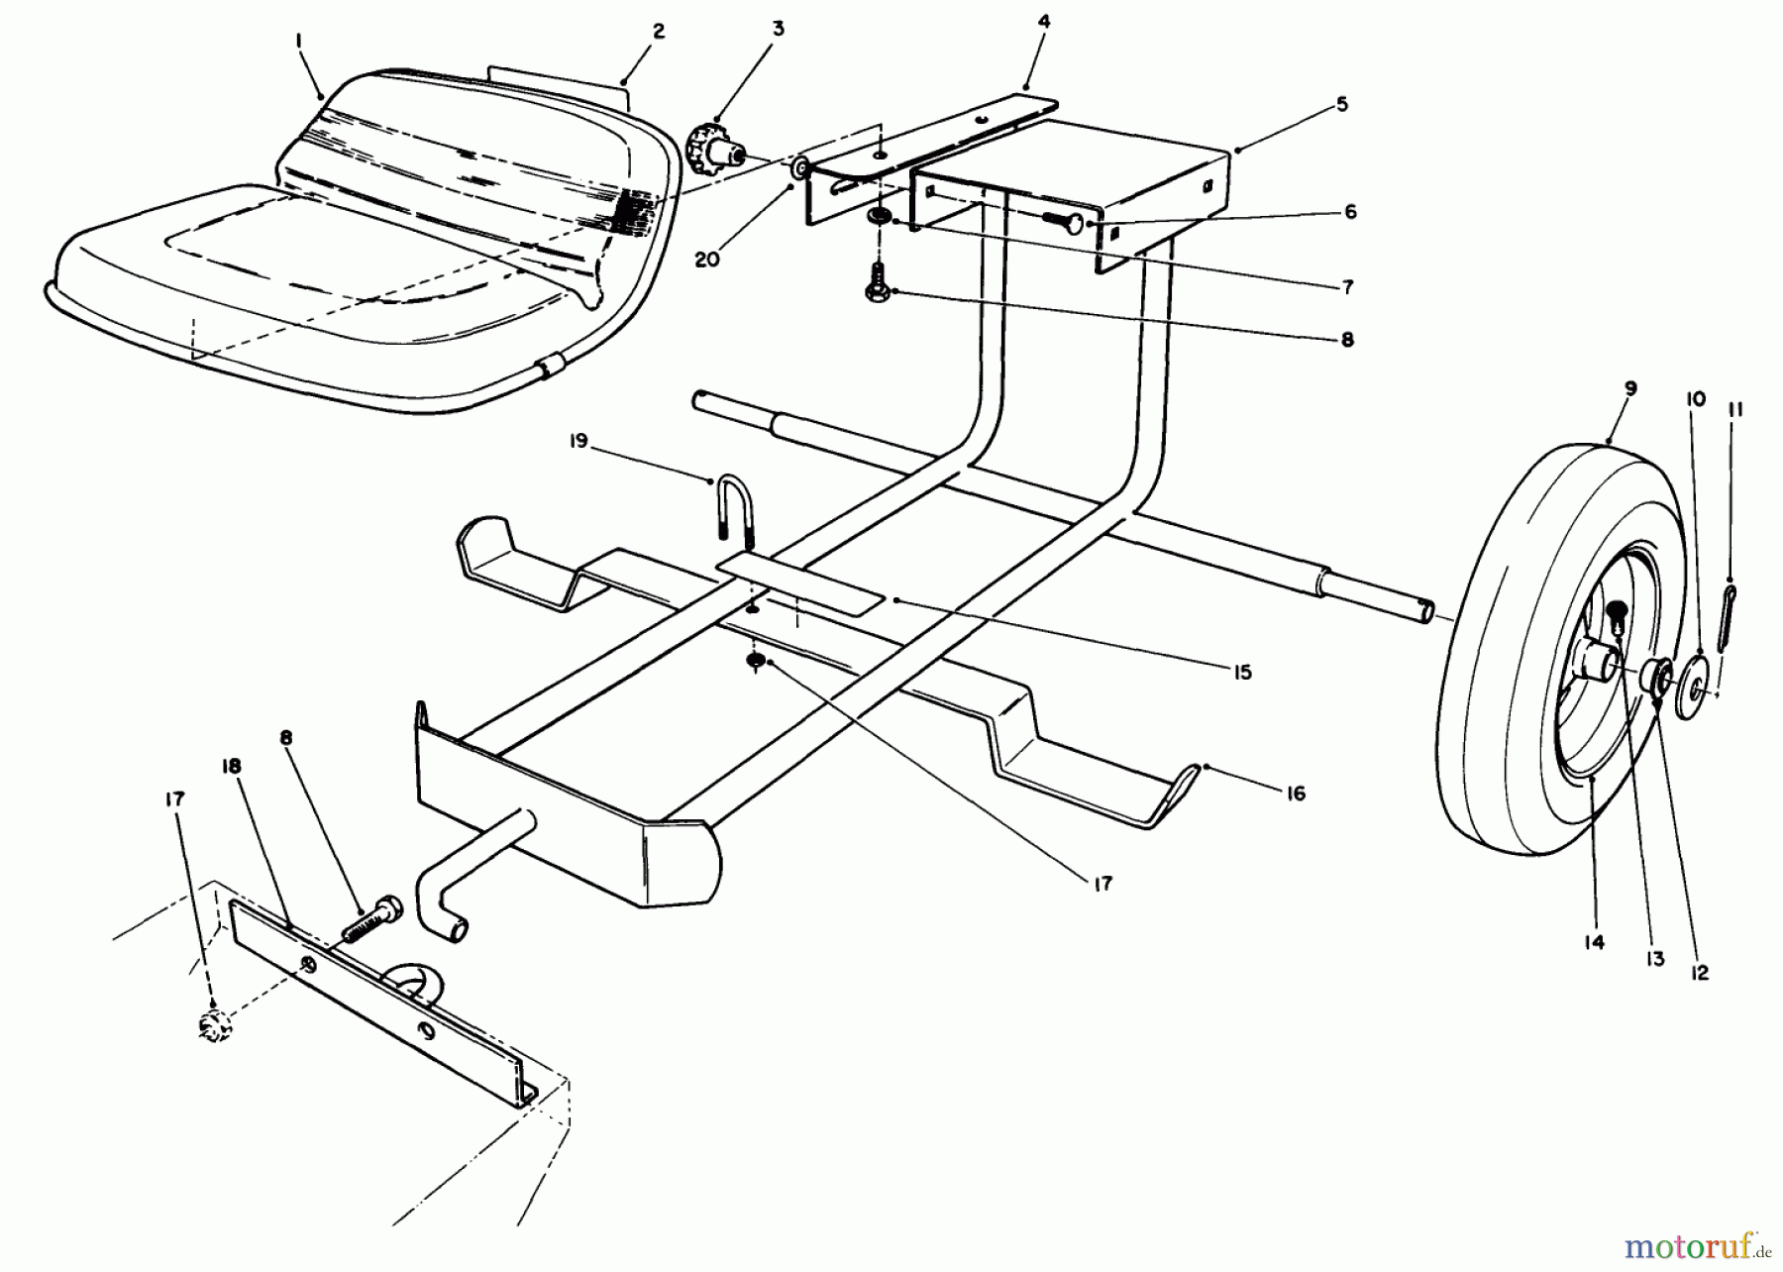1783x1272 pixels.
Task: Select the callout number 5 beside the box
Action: coord(1341,104)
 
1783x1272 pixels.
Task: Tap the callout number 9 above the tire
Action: coord(1630,388)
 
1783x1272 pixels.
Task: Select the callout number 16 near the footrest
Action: coord(1296,794)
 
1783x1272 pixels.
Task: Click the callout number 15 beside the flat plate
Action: coord(1242,673)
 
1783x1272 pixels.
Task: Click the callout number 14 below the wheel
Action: coord(1592,942)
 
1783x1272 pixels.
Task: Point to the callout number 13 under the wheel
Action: coord(1655,959)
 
